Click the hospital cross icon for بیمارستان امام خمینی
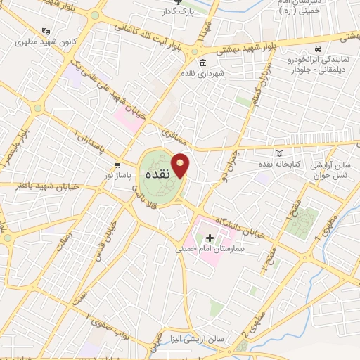[x=209, y=238]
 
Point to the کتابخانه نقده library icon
[x=281, y=153]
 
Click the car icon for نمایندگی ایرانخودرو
[x=318, y=49]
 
